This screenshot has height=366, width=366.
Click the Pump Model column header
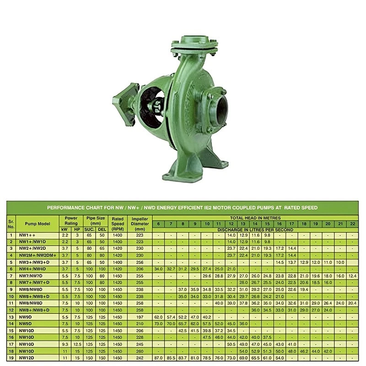[37, 224]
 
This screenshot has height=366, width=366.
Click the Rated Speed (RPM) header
[118, 224]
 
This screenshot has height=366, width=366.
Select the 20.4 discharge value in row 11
[352, 303]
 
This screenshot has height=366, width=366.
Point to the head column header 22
[352, 224]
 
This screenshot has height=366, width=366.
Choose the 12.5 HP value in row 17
[77, 344]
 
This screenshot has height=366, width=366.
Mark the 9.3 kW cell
[65, 344]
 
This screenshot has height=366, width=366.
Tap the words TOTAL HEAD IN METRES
[255, 218]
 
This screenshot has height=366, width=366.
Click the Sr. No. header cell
[11, 224]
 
